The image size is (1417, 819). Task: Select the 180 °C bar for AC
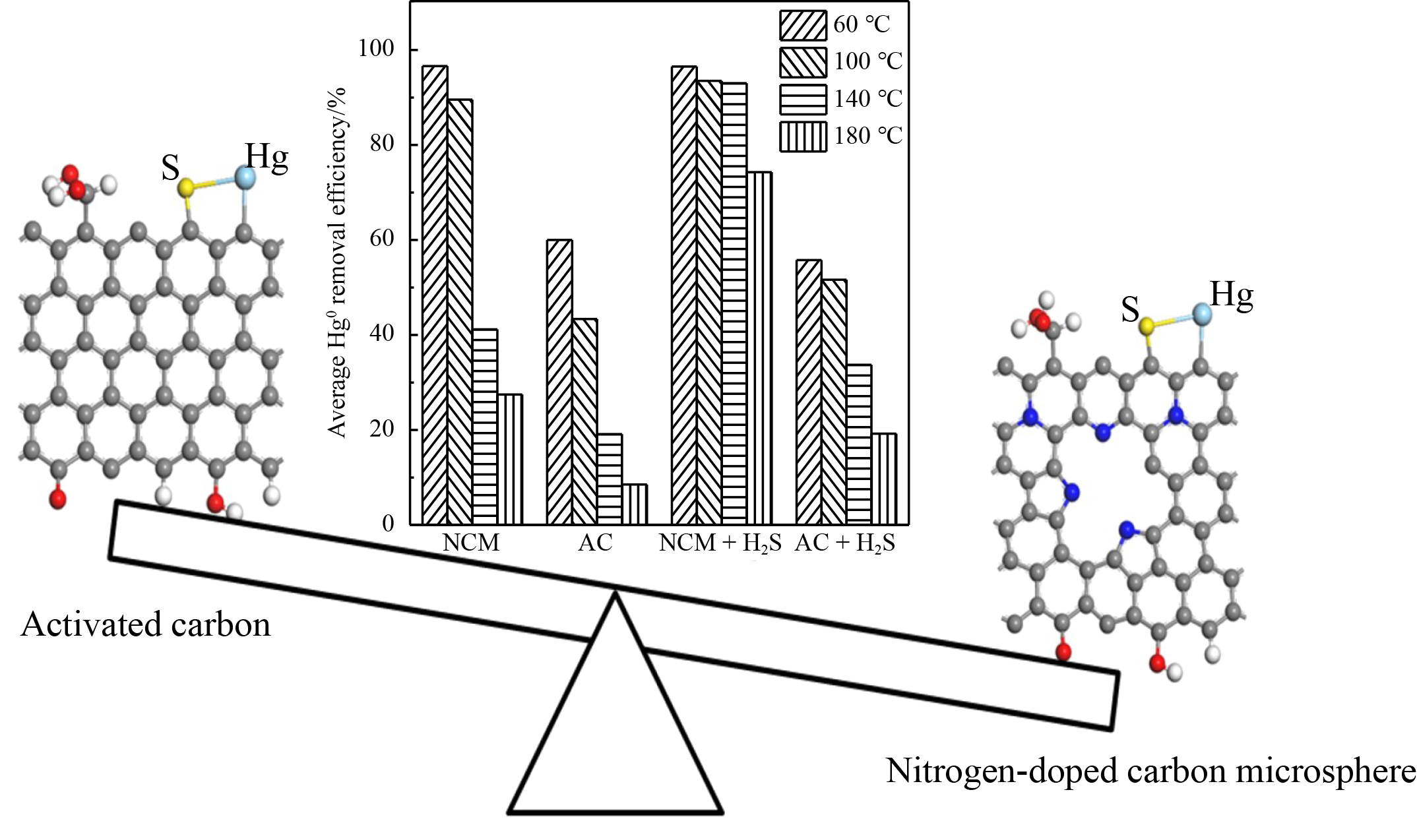635,504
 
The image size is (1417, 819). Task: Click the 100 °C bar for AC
584,421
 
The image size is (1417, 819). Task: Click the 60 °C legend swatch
802,25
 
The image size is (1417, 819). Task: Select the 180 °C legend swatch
802,136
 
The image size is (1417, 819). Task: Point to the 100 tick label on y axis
376,49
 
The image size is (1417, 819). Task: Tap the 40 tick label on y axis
382,334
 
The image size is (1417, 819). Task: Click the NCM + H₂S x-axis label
720,543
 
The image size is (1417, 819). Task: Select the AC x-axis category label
595,543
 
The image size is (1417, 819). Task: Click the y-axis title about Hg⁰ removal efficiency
337,264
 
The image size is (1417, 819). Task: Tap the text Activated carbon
146,624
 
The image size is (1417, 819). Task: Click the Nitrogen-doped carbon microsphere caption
1150,770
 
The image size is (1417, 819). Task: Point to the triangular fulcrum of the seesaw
615,725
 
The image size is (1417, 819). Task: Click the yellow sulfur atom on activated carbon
186,188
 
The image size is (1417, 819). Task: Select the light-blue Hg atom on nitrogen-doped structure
1202,314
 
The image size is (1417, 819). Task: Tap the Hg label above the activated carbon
267,157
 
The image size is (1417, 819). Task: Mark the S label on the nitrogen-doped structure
1130,309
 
